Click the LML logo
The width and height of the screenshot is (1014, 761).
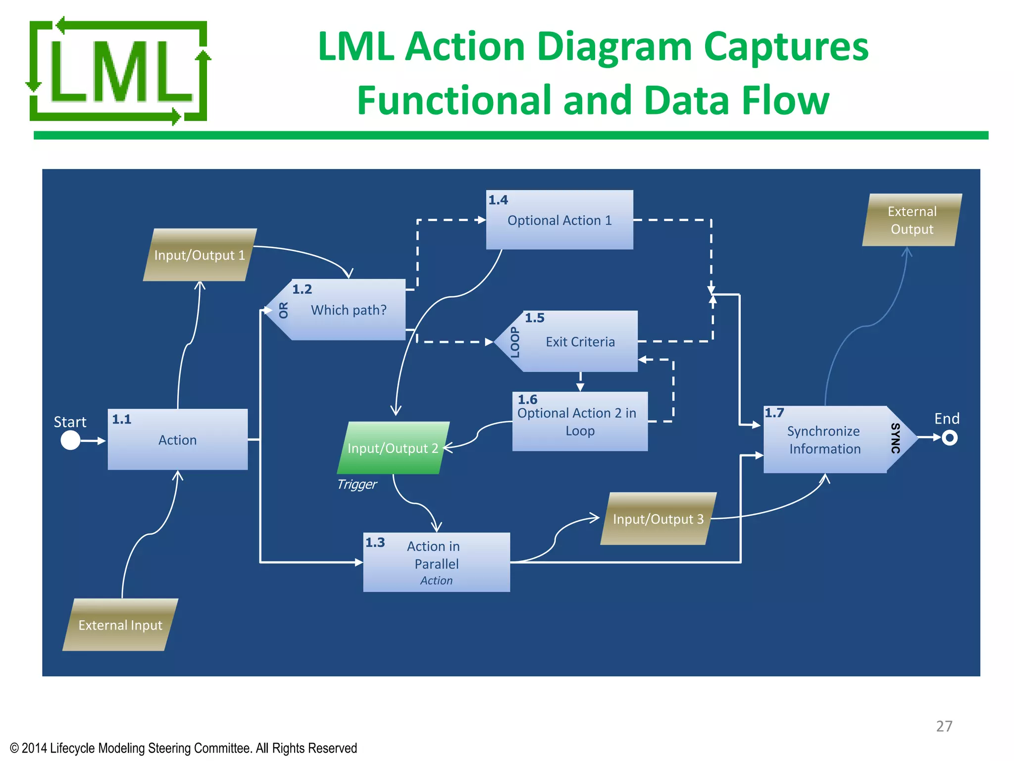point(118,71)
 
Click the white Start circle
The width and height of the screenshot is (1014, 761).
point(70,440)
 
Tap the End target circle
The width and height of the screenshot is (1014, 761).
point(949,437)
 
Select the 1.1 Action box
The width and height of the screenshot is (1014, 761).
point(177,439)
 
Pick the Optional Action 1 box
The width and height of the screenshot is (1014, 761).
point(559,220)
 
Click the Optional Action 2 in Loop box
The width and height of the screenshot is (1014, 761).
point(579,422)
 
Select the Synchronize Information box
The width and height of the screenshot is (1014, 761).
point(824,439)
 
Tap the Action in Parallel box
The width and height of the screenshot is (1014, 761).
point(436,562)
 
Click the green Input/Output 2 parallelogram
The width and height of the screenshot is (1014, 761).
point(393,448)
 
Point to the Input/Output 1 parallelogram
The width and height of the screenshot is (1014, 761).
point(200,255)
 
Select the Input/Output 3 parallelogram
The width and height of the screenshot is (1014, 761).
point(658,519)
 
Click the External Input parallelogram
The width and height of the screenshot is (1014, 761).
point(120,625)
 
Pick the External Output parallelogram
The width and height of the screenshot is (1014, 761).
point(912,220)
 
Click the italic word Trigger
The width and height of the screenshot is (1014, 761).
point(356,484)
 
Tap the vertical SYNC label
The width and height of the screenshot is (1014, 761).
point(895,438)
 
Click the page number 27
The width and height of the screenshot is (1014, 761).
point(944,726)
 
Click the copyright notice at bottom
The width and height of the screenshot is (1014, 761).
point(183,748)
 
